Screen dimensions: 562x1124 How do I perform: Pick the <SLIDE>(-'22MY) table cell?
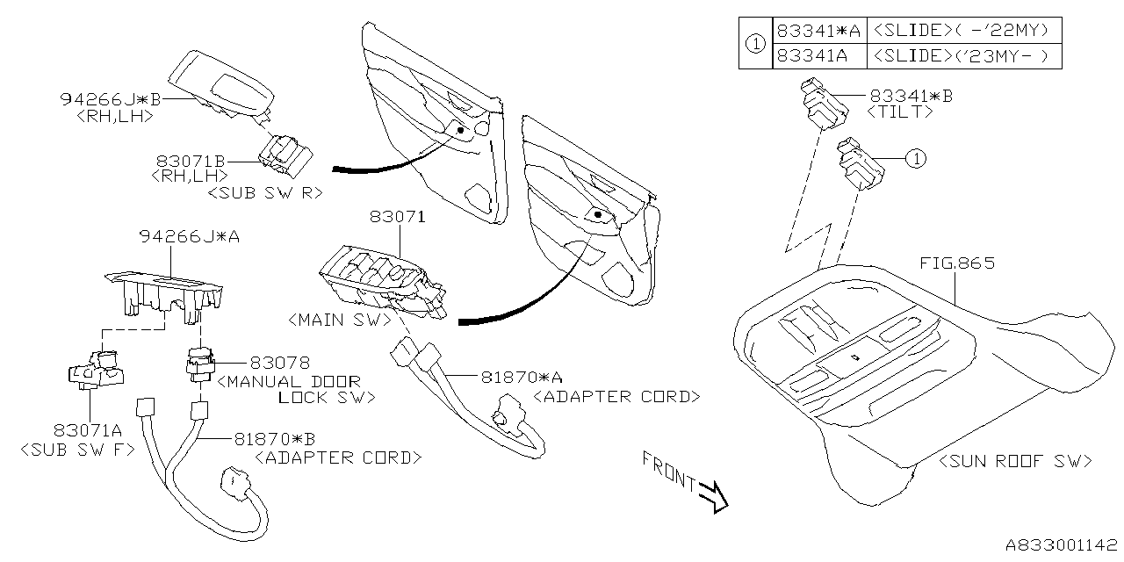[963, 30]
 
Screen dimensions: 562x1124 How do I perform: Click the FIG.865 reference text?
[957, 263]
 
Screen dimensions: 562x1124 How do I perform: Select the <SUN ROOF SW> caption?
[1014, 461]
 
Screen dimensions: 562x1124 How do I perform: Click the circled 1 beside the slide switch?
[915, 159]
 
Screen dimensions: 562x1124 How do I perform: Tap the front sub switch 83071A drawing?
[97, 369]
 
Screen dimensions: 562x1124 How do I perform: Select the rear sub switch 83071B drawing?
[283, 155]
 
